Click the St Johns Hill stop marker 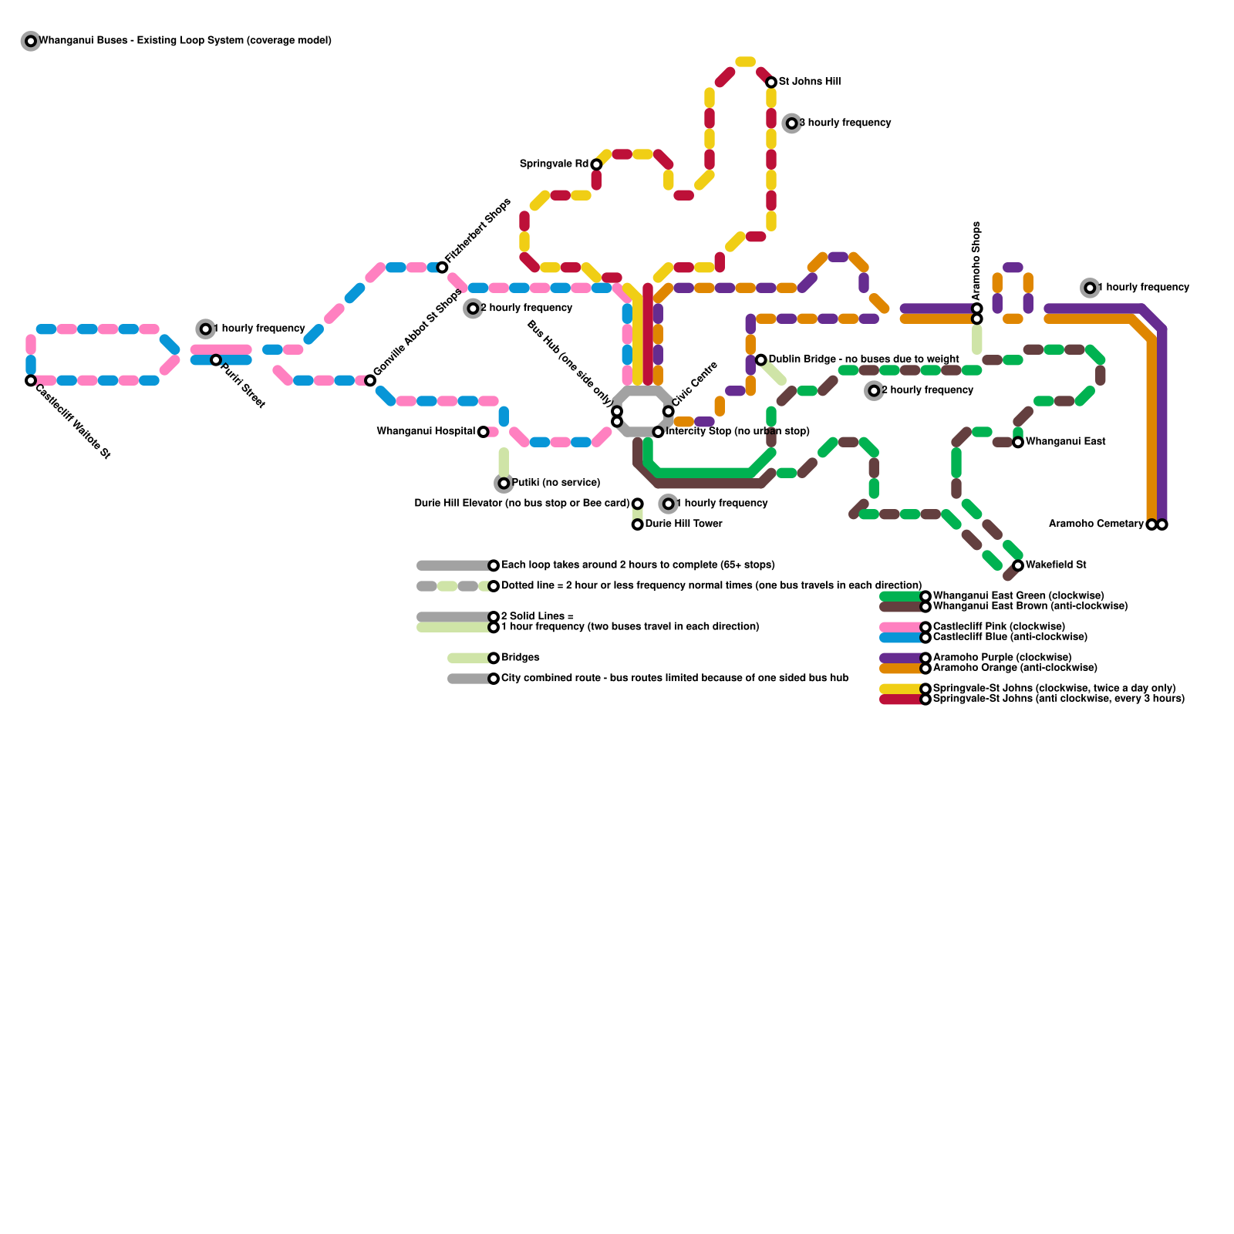[x=771, y=82]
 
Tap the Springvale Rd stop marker [x=596, y=164]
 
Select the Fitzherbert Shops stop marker [x=442, y=267]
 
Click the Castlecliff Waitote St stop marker [x=31, y=380]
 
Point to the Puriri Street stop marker [x=216, y=360]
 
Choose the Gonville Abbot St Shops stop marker [x=370, y=380]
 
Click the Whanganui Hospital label [x=426, y=431]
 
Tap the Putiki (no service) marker [x=504, y=484]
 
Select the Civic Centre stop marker [x=668, y=411]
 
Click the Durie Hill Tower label [x=683, y=524]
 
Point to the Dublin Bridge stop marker [x=760, y=360]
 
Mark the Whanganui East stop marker [x=1018, y=442]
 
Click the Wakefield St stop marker [x=1018, y=565]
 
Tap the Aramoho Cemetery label [x=1096, y=524]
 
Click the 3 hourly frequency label [x=845, y=123]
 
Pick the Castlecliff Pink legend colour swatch [x=901, y=627]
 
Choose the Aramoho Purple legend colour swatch [x=901, y=658]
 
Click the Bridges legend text [x=520, y=658]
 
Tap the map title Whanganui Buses [x=185, y=40]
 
